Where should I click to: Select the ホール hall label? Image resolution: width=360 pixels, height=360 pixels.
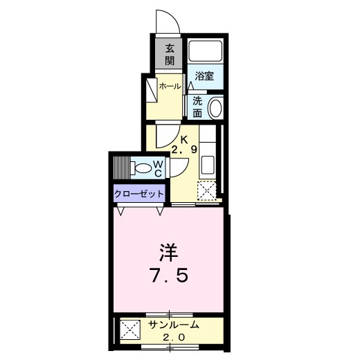[x=170, y=86]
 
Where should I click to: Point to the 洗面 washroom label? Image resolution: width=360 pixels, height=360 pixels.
[x=197, y=107]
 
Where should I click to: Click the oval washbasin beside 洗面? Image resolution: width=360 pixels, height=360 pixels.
[x=215, y=107]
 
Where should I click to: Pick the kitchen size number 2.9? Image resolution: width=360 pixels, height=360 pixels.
[x=184, y=148]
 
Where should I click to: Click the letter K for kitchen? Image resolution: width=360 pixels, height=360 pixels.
[x=184, y=138]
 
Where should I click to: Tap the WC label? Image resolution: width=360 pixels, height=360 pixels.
[x=159, y=167]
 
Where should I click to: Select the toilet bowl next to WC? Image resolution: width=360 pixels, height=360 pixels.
[x=143, y=167]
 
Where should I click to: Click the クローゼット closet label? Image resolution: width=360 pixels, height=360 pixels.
[x=139, y=195]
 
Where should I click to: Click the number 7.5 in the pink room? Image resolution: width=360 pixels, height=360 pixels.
[x=168, y=275]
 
